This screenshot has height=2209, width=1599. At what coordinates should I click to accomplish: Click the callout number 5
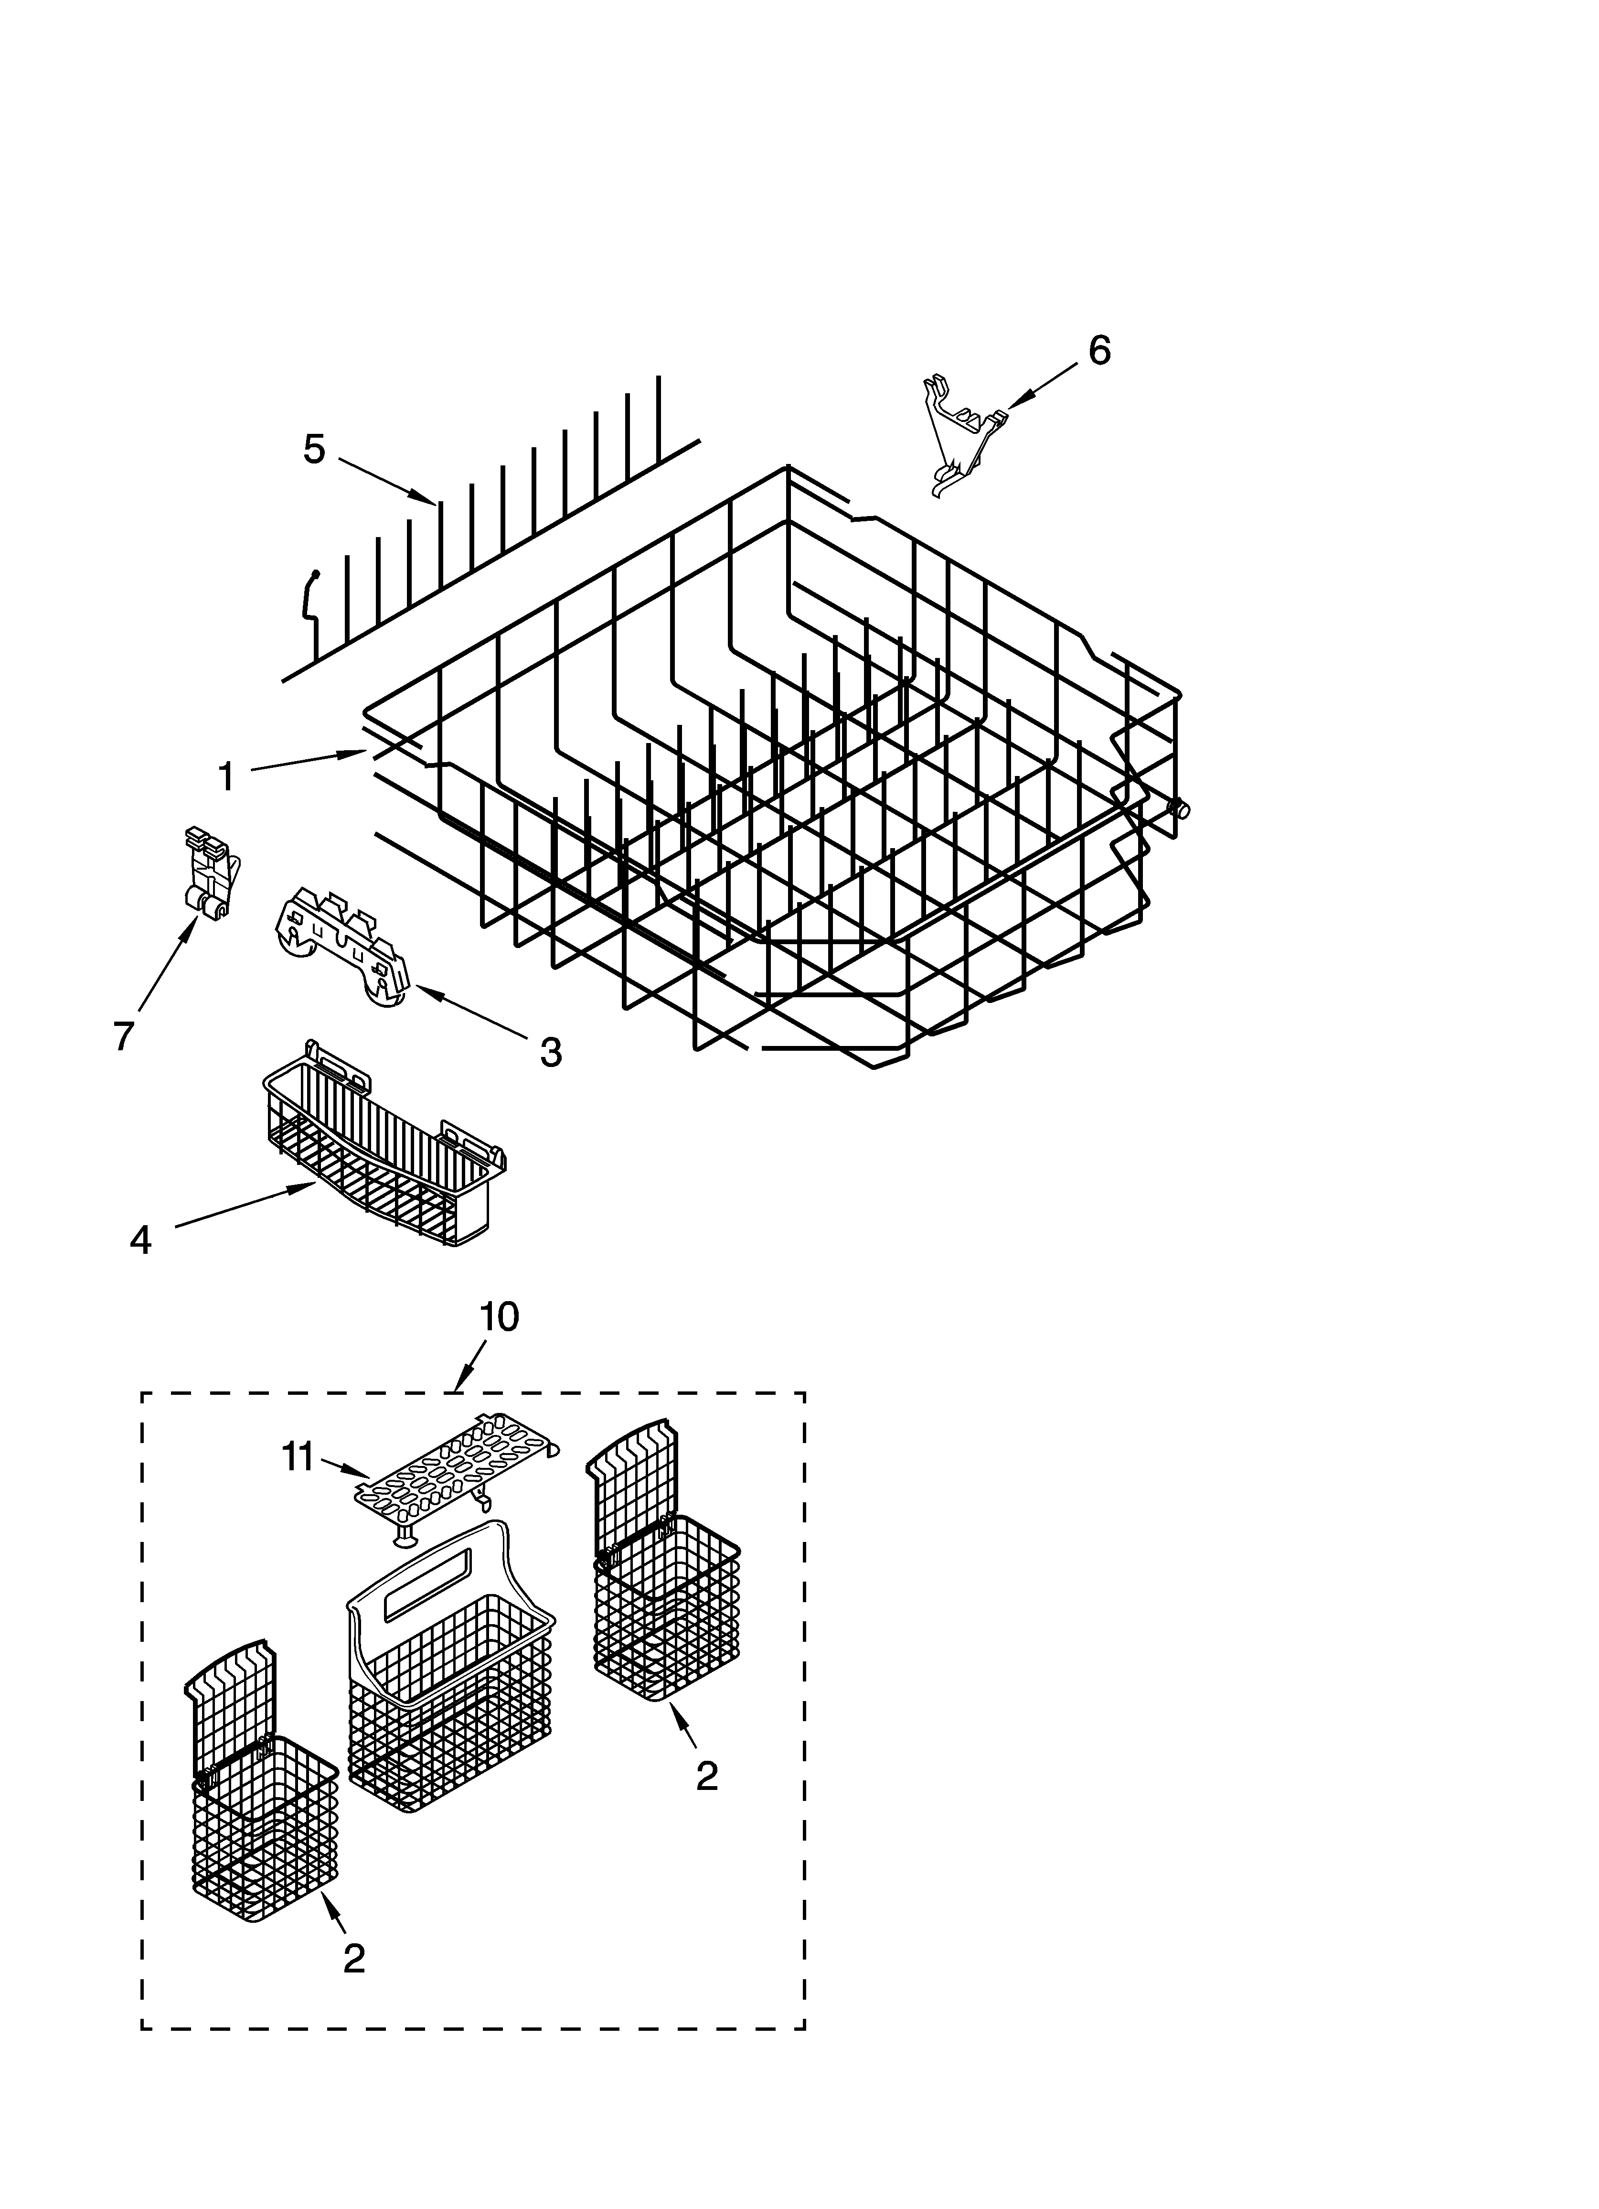[x=314, y=449]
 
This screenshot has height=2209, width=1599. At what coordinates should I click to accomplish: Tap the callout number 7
[x=123, y=1036]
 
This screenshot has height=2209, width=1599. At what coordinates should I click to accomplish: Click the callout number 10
[x=499, y=1317]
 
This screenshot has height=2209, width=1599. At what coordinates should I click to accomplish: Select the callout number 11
[x=298, y=1458]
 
